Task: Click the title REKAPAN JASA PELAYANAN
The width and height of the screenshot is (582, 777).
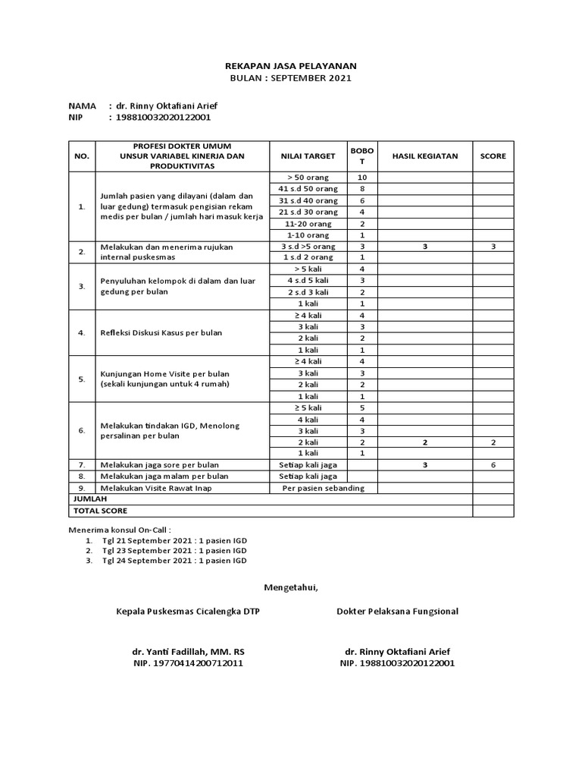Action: pos(291,66)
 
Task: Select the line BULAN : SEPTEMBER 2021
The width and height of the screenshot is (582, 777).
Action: pos(291,78)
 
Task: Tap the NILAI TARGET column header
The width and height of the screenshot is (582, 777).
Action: pos(308,156)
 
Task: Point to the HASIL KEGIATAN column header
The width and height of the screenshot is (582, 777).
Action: pos(425,156)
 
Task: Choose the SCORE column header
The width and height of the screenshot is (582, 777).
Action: pos(493,156)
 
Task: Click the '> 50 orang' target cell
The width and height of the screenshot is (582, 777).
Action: pos(308,177)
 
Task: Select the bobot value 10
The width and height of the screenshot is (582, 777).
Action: pos(362,177)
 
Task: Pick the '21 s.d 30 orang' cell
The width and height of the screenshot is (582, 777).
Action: pos(308,212)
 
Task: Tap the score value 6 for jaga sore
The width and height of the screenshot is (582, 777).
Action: pos(493,464)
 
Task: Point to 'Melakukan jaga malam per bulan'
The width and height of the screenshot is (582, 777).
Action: pos(164,477)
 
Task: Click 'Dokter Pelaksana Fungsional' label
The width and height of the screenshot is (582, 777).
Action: pos(397,611)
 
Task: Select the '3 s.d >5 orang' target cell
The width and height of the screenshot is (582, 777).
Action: pos(308,247)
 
